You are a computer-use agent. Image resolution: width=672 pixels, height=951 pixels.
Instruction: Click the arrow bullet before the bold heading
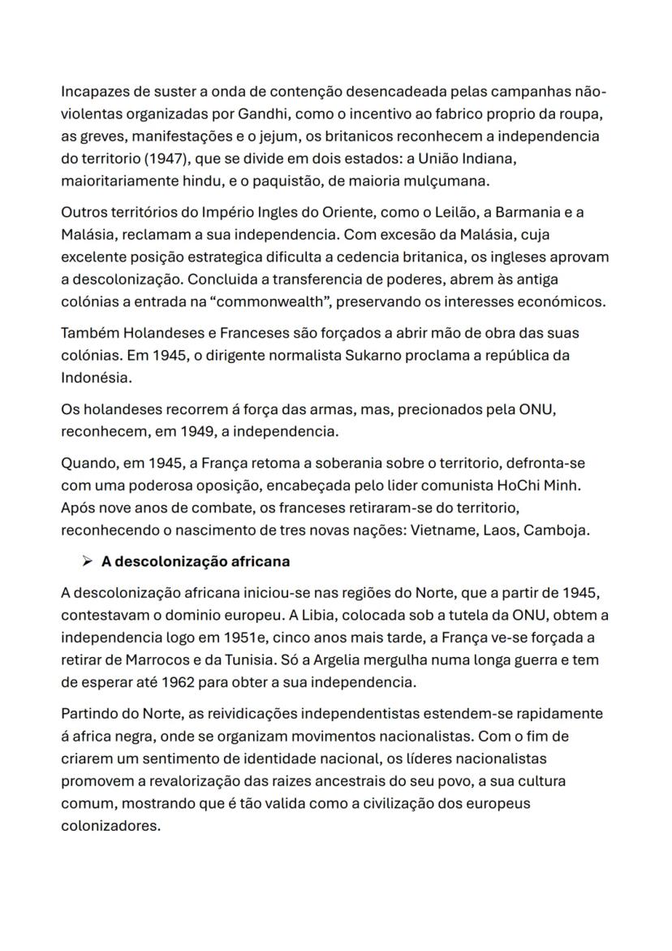(82, 561)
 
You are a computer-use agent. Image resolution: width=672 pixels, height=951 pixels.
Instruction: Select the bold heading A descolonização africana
(196, 561)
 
